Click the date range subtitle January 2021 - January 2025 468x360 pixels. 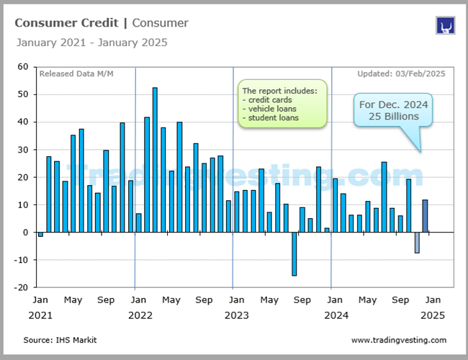(x=91, y=42)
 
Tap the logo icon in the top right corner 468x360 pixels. (x=445, y=26)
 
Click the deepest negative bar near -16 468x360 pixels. (x=294, y=253)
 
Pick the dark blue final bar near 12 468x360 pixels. (x=425, y=216)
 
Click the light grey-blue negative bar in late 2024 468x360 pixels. (x=416, y=243)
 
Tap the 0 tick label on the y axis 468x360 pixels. (x=25, y=233)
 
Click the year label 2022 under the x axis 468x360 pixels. (x=140, y=315)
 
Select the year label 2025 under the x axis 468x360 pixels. (x=432, y=315)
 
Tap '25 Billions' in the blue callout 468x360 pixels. (x=394, y=116)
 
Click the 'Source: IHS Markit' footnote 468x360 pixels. (x=60, y=340)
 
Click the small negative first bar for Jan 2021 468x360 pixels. (x=40, y=234)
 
